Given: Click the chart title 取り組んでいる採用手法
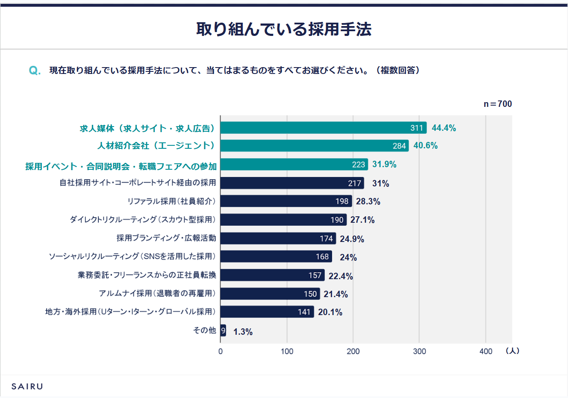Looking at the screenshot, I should (284, 29).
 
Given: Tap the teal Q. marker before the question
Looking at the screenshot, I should (35, 71).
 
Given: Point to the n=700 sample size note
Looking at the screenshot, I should (497, 104).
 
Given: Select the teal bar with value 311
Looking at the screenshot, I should (323, 128).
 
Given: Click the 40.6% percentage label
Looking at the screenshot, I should (426, 145).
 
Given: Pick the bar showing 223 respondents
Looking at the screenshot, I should (294, 165).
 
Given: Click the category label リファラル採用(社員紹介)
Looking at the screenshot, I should (171, 201).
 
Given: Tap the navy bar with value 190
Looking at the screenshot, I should (283, 220).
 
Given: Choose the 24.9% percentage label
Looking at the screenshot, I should (352, 239).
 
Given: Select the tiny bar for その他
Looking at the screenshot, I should (223, 330).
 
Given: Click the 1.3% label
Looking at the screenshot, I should (243, 332).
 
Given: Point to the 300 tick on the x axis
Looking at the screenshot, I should (419, 351).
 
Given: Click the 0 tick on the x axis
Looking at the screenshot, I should (221, 351).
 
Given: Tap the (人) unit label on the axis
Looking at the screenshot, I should (512, 351).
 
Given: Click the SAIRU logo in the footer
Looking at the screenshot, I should (27, 386).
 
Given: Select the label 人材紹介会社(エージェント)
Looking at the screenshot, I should (156, 146).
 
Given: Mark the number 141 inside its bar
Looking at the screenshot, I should (304, 312).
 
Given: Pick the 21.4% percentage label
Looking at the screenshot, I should (336, 294).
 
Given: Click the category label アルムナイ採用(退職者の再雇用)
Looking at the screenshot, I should (157, 293).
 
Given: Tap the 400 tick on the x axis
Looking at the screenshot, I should (486, 351).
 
